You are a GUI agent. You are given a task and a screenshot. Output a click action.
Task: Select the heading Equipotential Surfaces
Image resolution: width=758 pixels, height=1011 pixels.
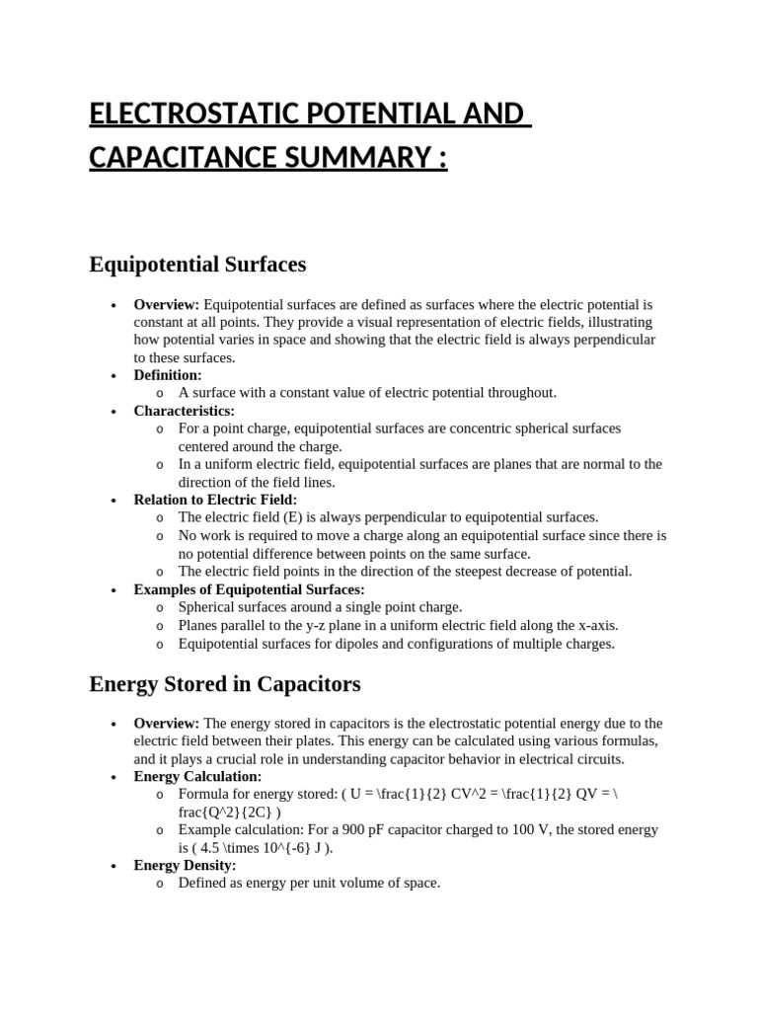[197, 265]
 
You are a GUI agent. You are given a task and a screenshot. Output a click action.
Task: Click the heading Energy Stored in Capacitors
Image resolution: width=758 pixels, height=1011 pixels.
[225, 683]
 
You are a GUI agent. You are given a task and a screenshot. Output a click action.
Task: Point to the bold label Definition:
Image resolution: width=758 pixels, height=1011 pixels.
[168, 375]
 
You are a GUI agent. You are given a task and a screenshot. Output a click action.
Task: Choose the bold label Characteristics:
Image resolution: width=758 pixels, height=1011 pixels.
[185, 411]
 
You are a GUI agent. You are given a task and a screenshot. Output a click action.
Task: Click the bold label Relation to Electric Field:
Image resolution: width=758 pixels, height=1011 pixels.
[215, 500]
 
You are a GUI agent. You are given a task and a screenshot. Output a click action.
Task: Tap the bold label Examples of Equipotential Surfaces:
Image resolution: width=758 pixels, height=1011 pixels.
[249, 589]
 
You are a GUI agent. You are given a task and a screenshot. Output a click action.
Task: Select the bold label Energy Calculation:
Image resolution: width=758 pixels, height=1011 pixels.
[197, 777]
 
